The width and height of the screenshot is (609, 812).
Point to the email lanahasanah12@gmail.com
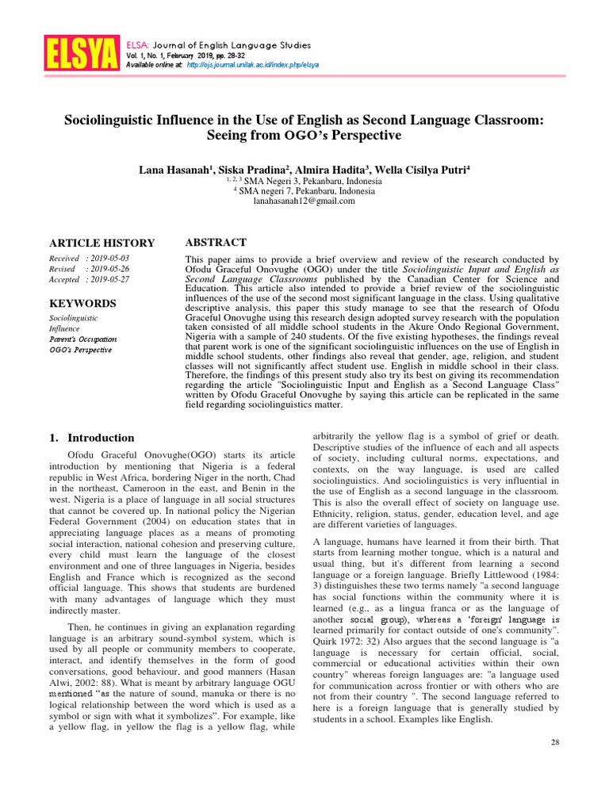click(x=304, y=201)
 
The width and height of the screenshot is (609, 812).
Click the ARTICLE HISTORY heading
click(x=102, y=243)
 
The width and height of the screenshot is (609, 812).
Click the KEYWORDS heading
click(x=83, y=304)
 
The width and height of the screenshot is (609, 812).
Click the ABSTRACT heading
click(x=215, y=243)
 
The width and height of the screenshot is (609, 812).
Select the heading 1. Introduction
click(x=92, y=438)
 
